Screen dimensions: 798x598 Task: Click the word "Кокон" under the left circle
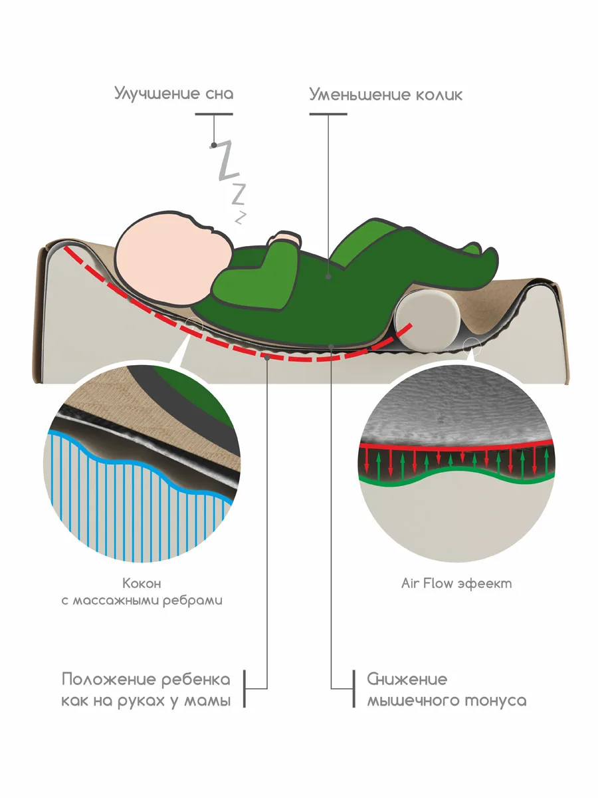click(x=142, y=583)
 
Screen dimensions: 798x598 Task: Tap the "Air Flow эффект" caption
click(x=456, y=583)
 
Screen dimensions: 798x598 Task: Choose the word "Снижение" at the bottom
click(x=407, y=680)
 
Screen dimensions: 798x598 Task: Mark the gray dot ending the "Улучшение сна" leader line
click(x=213, y=145)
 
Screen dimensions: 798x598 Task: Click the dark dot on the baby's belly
click(x=330, y=274)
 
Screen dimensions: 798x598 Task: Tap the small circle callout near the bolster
click(x=472, y=344)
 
